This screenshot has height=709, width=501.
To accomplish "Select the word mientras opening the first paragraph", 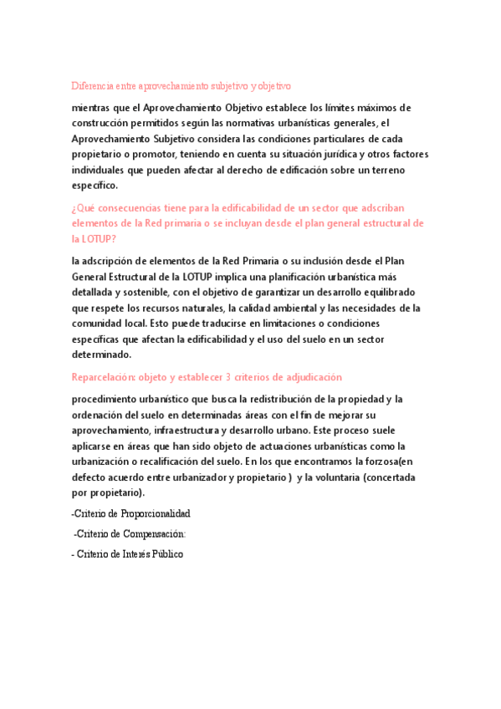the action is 94,108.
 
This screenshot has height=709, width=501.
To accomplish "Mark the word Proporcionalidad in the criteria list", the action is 157,513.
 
